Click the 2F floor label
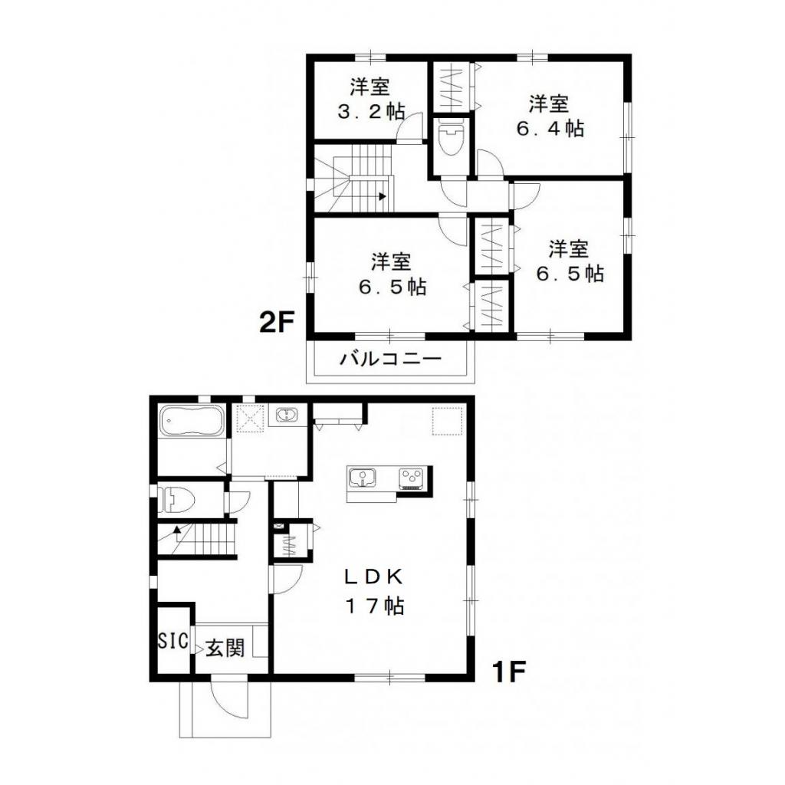[277, 322]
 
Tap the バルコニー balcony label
[391, 358]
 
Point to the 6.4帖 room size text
[550, 129]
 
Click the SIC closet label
[173, 641]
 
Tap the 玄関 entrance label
[225, 649]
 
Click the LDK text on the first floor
[373, 576]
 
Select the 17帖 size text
[373, 606]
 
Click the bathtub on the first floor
[192, 422]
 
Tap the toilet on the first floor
[176, 501]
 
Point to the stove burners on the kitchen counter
[411, 478]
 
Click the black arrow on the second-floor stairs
[381, 196]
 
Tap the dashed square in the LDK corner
[445, 420]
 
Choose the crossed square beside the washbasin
[250, 418]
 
